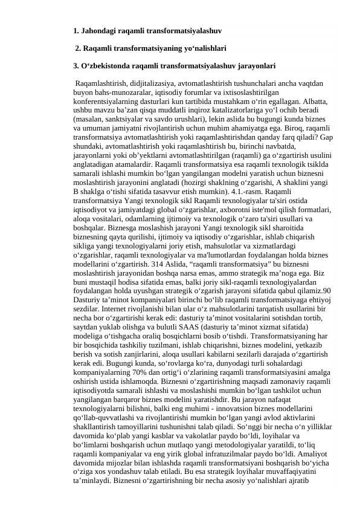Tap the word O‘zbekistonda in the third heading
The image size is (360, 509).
click(108, 65)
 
